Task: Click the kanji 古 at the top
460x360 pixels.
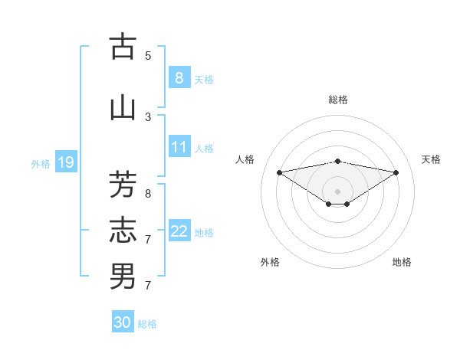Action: click(x=123, y=47)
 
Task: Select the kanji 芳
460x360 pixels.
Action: click(x=123, y=185)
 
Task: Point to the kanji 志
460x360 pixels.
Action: click(x=123, y=230)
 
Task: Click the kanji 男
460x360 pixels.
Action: click(x=123, y=276)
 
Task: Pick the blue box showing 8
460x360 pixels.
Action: click(x=179, y=77)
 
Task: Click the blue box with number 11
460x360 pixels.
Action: click(x=179, y=147)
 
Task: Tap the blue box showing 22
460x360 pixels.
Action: click(x=179, y=231)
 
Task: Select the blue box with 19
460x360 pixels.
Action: click(x=65, y=162)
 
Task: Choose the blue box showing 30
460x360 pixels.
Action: click(x=123, y=322)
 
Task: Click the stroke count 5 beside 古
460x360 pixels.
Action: click(x=148, y=55)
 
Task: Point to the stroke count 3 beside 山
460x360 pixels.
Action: click(x=148, y=117)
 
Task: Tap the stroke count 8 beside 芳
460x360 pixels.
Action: click(x=148, y=194)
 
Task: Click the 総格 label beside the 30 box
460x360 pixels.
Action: click(x=147, y=324)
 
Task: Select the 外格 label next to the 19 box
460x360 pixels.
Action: click(x=41, y=163)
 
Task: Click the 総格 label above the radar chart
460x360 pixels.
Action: click(x=337, y=100)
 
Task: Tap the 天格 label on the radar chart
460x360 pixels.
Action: click(x=431, y=159)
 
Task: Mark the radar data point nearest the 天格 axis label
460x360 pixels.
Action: click(x=396, y=172)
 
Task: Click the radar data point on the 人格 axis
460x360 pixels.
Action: click(x=279, y=172)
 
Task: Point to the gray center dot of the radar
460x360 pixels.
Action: click(x=337, y=191)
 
